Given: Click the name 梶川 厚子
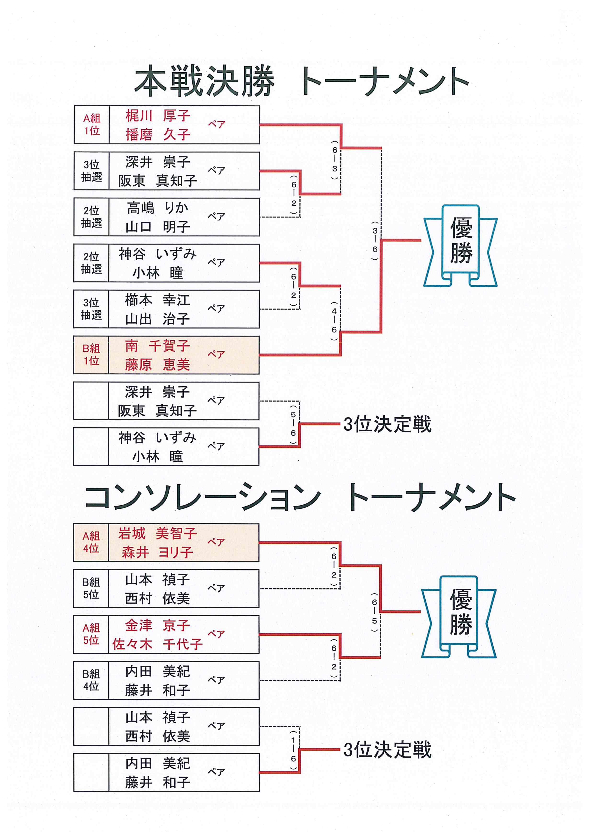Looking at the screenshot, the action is [158, 116].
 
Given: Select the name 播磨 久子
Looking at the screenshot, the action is [158, 135].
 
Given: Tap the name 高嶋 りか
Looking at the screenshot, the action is [158, 208].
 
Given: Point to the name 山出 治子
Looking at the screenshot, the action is [158, 319].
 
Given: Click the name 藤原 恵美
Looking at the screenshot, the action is [157, 365].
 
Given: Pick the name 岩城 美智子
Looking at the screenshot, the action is [157, 533].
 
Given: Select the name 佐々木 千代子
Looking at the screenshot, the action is [157, 644].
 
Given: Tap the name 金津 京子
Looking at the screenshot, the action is [157, 625].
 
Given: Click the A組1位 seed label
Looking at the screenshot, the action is [92, 124].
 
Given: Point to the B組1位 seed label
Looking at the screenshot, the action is [91, 354].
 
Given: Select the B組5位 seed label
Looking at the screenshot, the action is [91, 588].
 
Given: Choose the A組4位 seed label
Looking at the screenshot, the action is [91, 542].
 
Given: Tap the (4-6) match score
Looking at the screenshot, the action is [334, 320].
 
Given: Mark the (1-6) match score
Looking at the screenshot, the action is [293, 750].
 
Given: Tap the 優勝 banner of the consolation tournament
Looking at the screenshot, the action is [459, 617].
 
